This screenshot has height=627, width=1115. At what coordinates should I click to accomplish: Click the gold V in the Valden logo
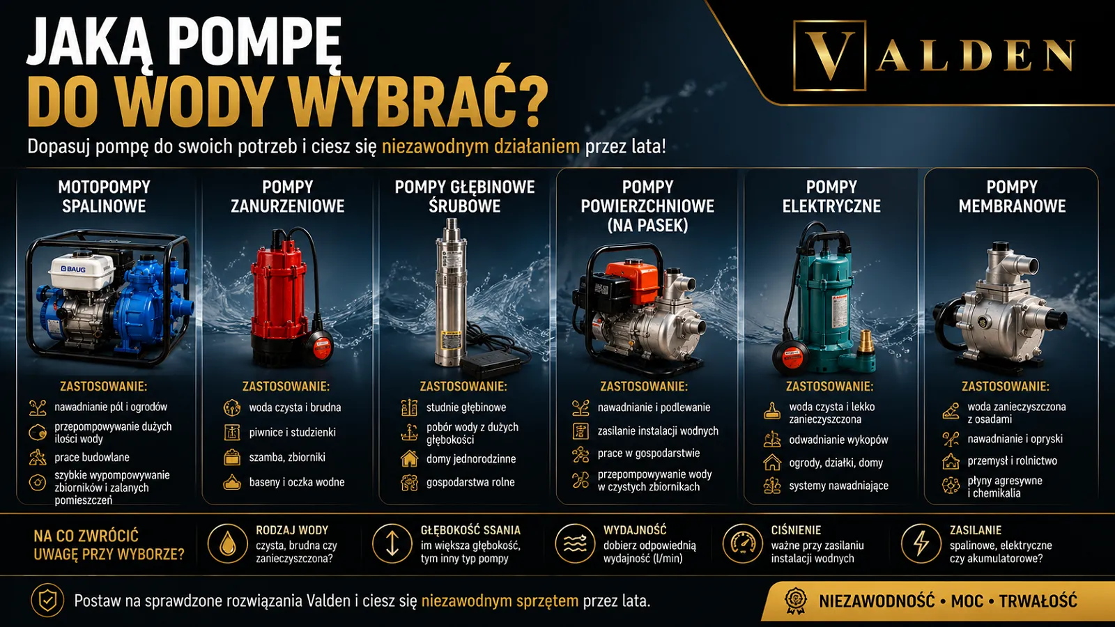pos(830,55)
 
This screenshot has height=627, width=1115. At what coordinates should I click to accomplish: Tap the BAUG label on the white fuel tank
pos(72,269)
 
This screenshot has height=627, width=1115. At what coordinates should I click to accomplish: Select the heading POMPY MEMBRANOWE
pos(1012,196)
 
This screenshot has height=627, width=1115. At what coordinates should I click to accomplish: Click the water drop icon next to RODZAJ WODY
pos(227,543)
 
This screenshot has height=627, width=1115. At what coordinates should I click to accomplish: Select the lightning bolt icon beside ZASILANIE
pos(921,543)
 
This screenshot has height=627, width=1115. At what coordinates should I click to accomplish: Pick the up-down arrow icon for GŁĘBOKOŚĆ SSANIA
pos(392,543)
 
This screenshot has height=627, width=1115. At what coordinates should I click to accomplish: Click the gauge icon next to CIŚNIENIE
pos(742,543)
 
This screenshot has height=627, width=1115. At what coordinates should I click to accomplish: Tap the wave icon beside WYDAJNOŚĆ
pos(575,543)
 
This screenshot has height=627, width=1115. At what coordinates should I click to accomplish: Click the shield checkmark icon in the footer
pos(47,601)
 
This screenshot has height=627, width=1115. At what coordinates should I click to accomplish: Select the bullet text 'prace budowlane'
pos(92,457)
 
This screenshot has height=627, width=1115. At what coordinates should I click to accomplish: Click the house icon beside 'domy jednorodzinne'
pos(409,458)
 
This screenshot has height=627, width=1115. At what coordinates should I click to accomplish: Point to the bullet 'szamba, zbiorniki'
pos(287,457)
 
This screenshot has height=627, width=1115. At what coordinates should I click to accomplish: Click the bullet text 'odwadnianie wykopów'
pos(839,440)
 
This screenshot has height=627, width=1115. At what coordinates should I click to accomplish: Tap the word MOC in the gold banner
pos(967,601)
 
